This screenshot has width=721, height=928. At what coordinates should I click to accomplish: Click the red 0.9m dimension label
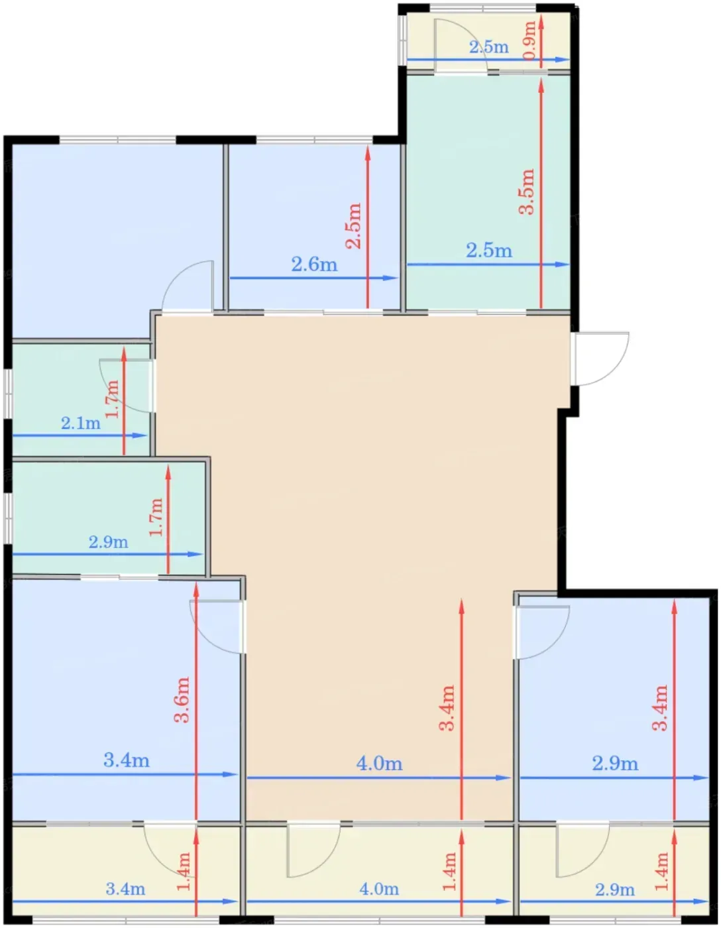click(x=529, y=41)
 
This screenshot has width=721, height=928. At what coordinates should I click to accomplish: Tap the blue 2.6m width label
click(x=314, y=264)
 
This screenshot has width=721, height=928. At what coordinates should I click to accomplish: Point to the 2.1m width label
click(x=81, y=424)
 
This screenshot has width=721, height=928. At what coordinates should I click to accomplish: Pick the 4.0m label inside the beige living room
click(x=380, y=764)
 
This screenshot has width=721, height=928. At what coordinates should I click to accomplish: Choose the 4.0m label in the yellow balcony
click(x=379, y=889)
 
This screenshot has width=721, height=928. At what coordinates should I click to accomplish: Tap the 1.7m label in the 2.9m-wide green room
click(x=156, y=517)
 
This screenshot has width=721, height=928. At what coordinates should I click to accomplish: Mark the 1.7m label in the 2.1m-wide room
click(x=112, y=399)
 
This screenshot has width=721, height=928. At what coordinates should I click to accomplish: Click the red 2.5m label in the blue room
click(x=354, y=226)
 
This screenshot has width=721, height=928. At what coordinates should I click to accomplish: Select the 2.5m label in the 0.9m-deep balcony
click(x=489, y=47)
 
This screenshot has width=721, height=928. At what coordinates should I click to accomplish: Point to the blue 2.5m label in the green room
click(x=489, y=251)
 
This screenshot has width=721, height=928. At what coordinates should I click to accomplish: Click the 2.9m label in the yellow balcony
click(x=615, y=890)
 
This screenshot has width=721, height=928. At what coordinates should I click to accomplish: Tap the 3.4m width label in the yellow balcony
click(x=125, y=889)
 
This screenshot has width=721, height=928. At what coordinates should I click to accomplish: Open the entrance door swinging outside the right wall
click(x=600, y=359)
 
